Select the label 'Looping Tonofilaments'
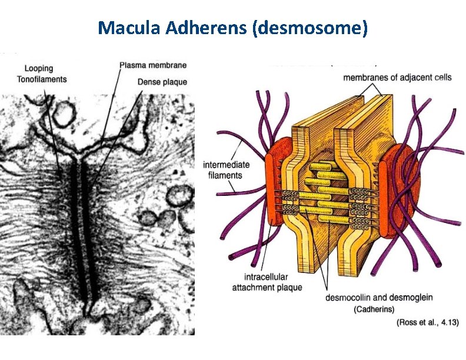pos(42,74)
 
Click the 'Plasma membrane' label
pos(153,65)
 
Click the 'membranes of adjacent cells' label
pos(397,78)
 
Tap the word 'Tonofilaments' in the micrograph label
pos(42,79)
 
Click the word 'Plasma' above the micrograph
pos(133,65)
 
